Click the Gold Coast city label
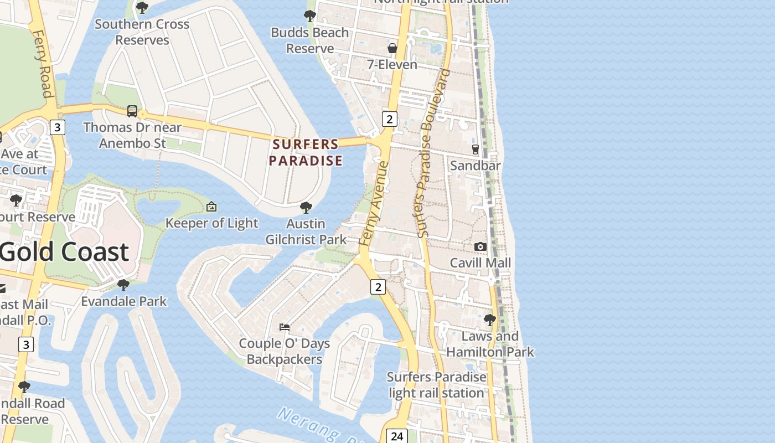[x=64, y=252]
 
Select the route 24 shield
[x=396, y=436]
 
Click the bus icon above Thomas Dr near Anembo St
[x=132, y=111]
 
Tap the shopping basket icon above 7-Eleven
[x=392, y=49]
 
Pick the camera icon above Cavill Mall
[x=480, y=246]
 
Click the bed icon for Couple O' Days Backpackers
[x=285, y=327]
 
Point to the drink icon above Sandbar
[x=475, y=149]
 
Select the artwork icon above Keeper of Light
[x=211, y=207]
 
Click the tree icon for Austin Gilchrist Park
[x=306, y=208]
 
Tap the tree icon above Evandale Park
[x=123, y=285]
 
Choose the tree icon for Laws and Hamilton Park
[x=490, y=320]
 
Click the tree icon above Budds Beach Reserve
[x=310, y=16]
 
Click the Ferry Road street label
[x=43, y=64]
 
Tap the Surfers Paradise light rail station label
[x=436, y=385]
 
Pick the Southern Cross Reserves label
[x=142, y=32]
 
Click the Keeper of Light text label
[x=212, y=223]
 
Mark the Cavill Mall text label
[x=480, y=262]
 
